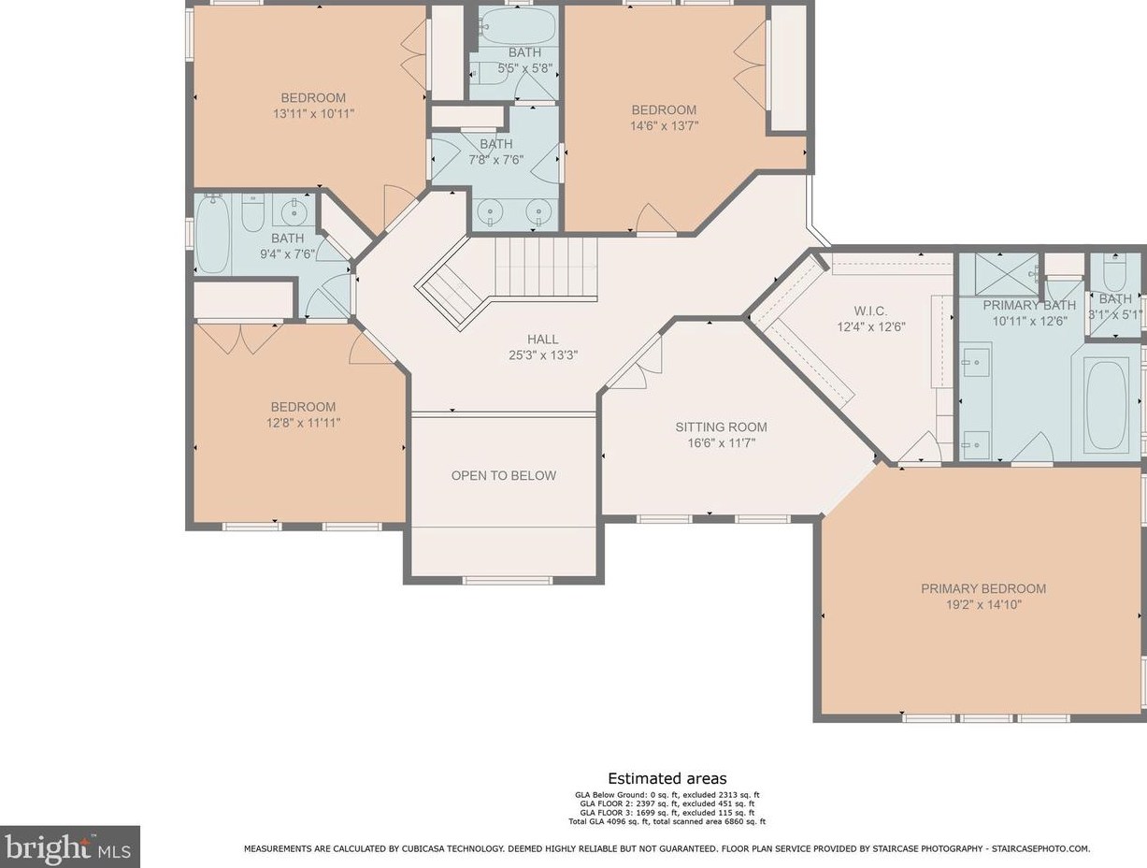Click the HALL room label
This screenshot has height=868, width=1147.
pos(542,340)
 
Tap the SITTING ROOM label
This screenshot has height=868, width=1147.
pos(721,427)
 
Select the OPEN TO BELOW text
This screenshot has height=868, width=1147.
pos(504,476)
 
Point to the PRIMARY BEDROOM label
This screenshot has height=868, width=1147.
pos(983,588)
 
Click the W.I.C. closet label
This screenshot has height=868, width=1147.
pos(870,311)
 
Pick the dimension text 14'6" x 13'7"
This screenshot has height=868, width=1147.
pos(664,126)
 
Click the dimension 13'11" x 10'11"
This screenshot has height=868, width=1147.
pos(313,113)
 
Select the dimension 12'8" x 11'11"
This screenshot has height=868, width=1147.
pos(303,423)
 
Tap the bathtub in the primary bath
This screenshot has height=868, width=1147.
pos(1107,405)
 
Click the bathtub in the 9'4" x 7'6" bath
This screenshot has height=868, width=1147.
pos(213,234)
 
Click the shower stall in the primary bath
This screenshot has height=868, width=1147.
pos(999,274)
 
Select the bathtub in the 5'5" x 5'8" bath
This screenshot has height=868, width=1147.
pos(518,25)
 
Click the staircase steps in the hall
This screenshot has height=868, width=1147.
pos(546,268)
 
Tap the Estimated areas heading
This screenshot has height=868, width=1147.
pos(667,778)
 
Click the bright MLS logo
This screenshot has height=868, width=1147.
pos(69,847)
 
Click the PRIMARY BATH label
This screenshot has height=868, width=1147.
pos(1029,305)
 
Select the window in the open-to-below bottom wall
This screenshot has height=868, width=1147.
pos(508,580)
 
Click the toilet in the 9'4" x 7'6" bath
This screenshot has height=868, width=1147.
pos(253,213)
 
